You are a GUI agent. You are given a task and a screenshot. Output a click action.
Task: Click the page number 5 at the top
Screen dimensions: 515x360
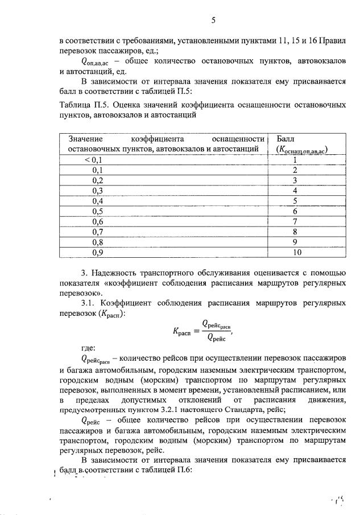pyautogui.click(x=213, y=21)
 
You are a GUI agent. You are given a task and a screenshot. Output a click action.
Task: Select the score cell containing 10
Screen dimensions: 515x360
pyautogui.click(x=295, y=252)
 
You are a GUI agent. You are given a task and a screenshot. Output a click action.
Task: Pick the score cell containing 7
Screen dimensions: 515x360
pyautogui.click(x=295, y=221)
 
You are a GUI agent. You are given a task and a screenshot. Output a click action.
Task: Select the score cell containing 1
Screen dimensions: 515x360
pyautogui.click(x=295, y=160)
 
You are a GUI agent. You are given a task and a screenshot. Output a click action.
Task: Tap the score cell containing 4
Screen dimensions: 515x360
pyautogui.click(x=295, y=191)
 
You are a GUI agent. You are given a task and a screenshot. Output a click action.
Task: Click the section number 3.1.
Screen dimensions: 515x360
pyautogui.click(x=89, y=303)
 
